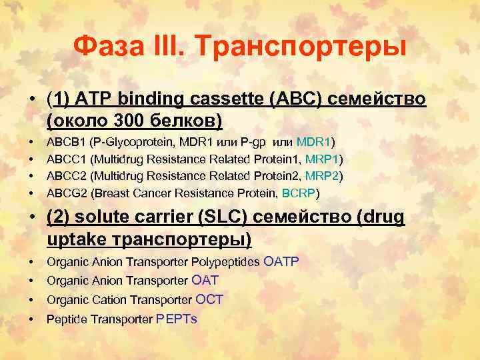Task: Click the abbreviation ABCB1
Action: coord(65,142)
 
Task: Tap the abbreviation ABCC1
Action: coord(66,159)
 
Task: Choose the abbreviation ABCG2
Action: coord(66,194)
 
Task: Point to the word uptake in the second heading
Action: coord(76,239)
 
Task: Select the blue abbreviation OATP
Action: coord(282,261)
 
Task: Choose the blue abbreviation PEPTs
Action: coord(176,319)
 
